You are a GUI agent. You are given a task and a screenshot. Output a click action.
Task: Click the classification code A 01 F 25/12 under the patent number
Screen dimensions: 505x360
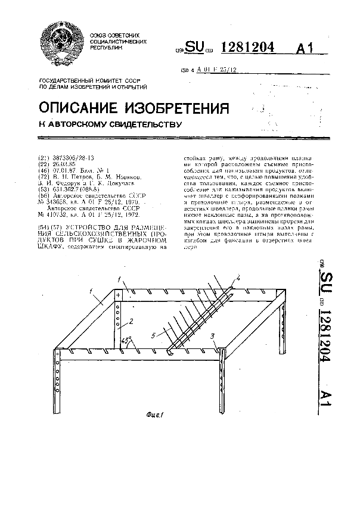(216, 70)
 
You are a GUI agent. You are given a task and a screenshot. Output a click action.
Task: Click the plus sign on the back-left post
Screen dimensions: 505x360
(118, 295)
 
